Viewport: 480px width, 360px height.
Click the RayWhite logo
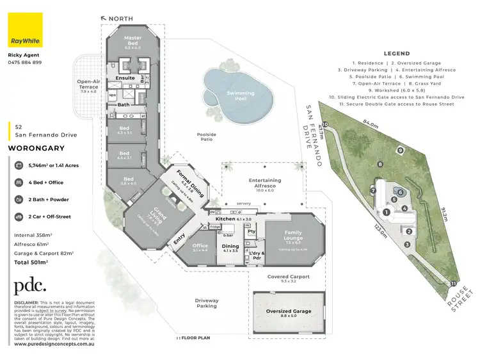(x=25, y=30)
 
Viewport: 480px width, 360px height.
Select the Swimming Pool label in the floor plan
(x=240, y=95)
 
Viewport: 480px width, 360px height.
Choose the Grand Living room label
(x=153, y=217)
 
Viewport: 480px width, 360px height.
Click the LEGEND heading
(x=396, y=53)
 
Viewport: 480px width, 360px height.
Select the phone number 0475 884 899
(x=25, y=62)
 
